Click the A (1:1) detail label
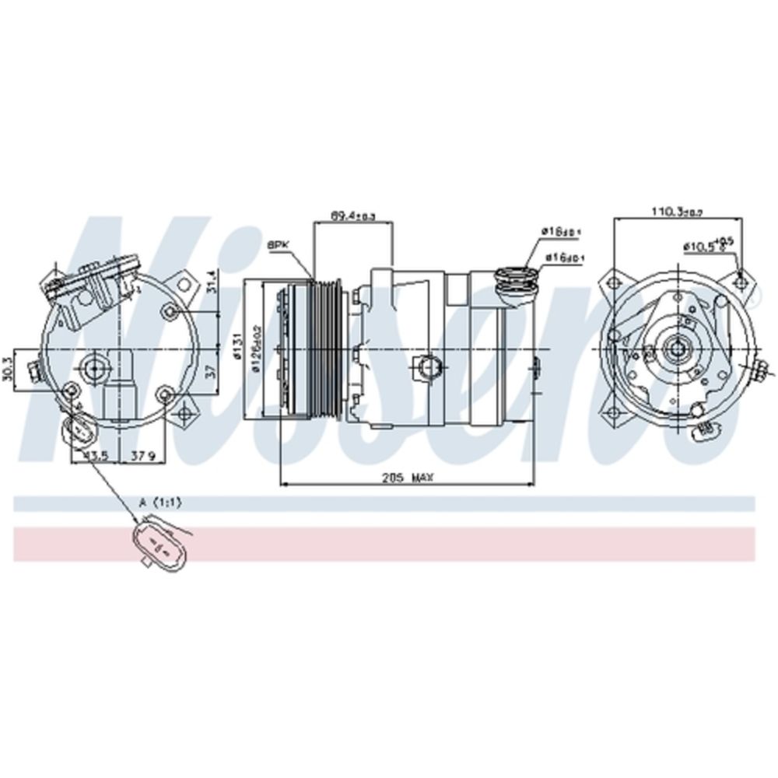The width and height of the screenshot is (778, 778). (x=159, y=503)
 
